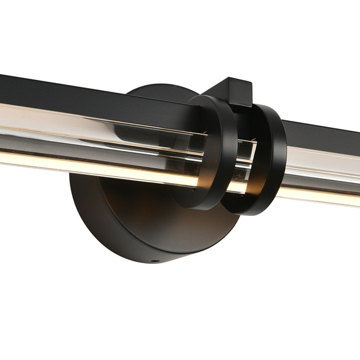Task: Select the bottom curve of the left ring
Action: click(198, 205)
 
